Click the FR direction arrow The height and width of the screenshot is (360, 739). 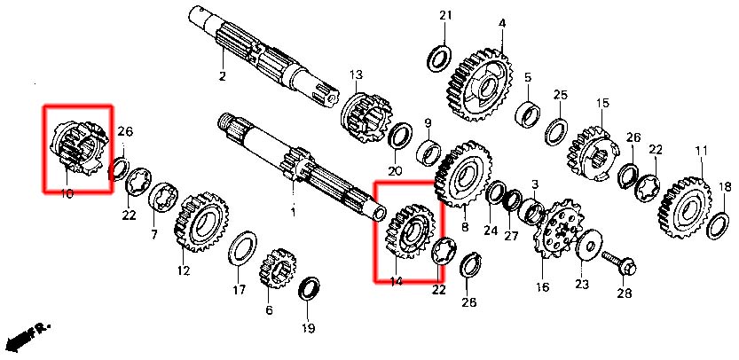pos(27,338)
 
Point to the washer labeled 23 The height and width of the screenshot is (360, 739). pos(586,247)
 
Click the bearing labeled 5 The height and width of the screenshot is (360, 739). pos(529,114)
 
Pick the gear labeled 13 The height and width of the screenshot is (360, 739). pos(364,115)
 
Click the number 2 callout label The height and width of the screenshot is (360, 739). pos(223,76)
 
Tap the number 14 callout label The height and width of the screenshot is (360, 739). pos(396,281)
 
